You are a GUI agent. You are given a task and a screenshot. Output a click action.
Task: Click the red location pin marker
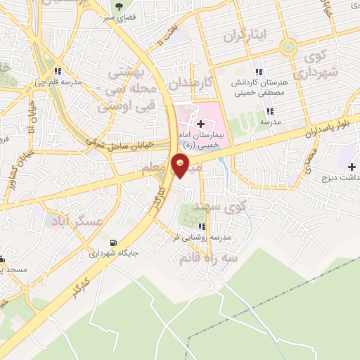[181, 166]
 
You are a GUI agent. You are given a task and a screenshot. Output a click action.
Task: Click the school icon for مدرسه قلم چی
[58, 70]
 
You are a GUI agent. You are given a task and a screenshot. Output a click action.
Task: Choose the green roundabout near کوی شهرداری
[287, 48]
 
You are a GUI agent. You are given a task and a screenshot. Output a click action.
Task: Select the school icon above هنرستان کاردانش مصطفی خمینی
[259, 72]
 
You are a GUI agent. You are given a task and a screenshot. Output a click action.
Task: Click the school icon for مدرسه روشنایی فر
[202, 226]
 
